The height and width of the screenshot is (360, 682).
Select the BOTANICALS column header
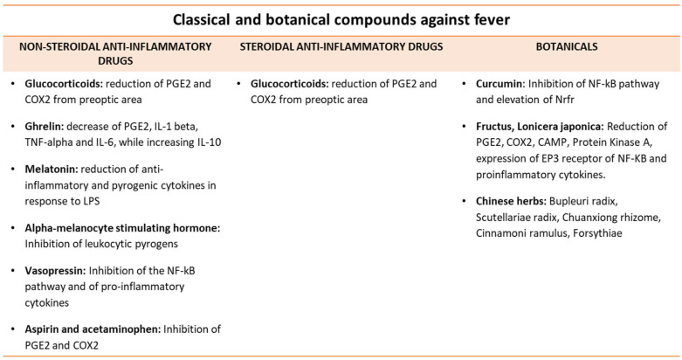[x=567, y=46]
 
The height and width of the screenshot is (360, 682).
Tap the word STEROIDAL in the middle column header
[x=265, y=46]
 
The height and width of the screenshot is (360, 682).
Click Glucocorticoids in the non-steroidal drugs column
[x=64, y=84]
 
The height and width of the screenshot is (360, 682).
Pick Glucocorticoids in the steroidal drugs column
[x=290, y=84]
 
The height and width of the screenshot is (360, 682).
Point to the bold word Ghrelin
[x=45, y=126]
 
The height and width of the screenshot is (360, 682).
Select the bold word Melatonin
[x=52, y=169]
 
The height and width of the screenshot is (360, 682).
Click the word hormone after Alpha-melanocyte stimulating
[x=196, y=228]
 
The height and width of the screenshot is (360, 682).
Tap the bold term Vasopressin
[x=55, y=270]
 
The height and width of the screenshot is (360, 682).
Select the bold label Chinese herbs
[x=511, y=201]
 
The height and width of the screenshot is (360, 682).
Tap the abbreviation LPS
[x=91, y=201]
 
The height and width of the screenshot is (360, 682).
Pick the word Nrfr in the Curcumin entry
[x=564, y=100]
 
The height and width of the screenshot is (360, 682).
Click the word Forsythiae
[x=597, y=233]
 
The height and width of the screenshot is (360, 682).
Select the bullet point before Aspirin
[x=13, y=329]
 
